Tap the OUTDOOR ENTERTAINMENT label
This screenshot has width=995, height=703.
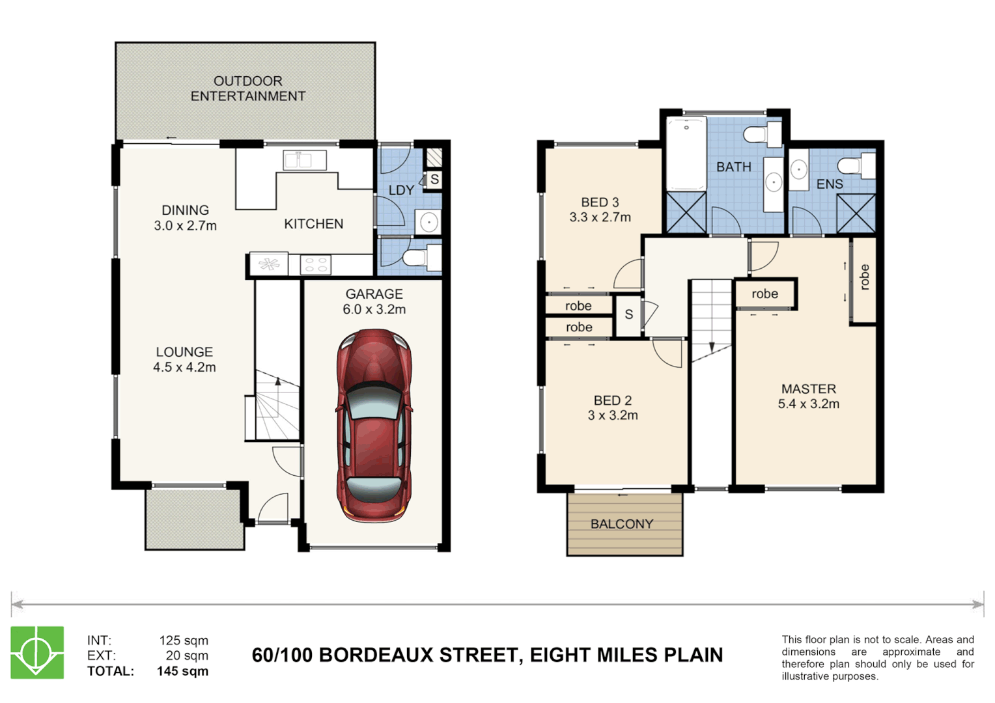tap(247, 89)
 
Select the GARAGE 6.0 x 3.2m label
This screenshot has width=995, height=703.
tap(374, 301)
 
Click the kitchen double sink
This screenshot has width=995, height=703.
tap(304, 159)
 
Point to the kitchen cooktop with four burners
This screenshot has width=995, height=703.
tap(316, 265)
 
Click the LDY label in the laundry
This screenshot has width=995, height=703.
tap(401, 190)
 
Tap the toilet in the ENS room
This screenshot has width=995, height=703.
tap(856, 165)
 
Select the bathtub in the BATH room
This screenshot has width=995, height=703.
tap(686, 154)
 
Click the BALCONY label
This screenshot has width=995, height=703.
tap(621, 524)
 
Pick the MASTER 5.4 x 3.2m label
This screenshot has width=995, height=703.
tap(808, 396)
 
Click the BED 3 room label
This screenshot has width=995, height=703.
tap(600, 210)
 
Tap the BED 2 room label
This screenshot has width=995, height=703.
tap(612, 407)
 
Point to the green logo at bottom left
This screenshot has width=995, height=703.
tap(37, 652)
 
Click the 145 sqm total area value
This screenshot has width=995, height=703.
tap(182, 671)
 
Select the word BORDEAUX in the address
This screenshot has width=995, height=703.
tap(376, 655)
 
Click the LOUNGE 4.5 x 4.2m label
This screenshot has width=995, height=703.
tap(184, 359)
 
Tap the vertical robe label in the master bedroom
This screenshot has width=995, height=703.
tap(864, 277)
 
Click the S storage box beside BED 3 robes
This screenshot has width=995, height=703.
tap(628, 315)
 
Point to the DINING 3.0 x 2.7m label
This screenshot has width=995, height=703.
tap(185, 217)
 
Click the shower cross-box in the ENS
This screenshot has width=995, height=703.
tap(856, 213)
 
